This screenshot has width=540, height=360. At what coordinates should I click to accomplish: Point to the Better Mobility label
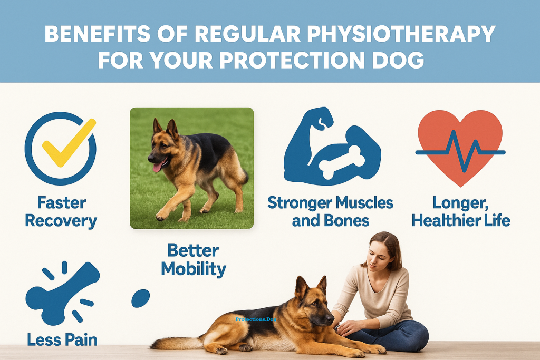tap(194, 259)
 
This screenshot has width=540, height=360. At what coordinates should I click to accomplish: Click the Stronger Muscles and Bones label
tap(331, 211)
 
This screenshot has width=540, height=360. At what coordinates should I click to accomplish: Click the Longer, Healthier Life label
tap(461, 211)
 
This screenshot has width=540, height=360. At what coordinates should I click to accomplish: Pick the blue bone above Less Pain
tap(61, 291)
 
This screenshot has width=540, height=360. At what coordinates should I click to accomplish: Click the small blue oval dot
tap(140, 297)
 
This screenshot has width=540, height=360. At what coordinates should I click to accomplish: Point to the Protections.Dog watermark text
tap(256, 319)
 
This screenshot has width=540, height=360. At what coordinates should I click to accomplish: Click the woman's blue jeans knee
tap(417, 332)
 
